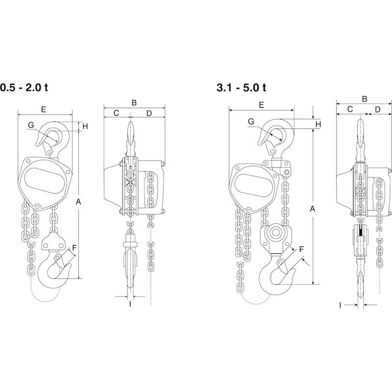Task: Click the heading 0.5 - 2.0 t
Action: pos(24,88)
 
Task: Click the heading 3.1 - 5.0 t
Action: pos(242,88)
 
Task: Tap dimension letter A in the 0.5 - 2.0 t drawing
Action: pos(78,201)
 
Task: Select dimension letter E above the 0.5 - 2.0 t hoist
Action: pos(44,109)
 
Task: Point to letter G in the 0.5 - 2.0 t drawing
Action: pos(31,125)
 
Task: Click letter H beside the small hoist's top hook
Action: pos(85,126)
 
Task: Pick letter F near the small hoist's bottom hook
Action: pos(74,248)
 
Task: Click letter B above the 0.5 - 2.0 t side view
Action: pos(134,102)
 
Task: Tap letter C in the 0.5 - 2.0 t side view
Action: pos(116,113)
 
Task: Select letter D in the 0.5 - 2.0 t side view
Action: pos(149,114)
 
